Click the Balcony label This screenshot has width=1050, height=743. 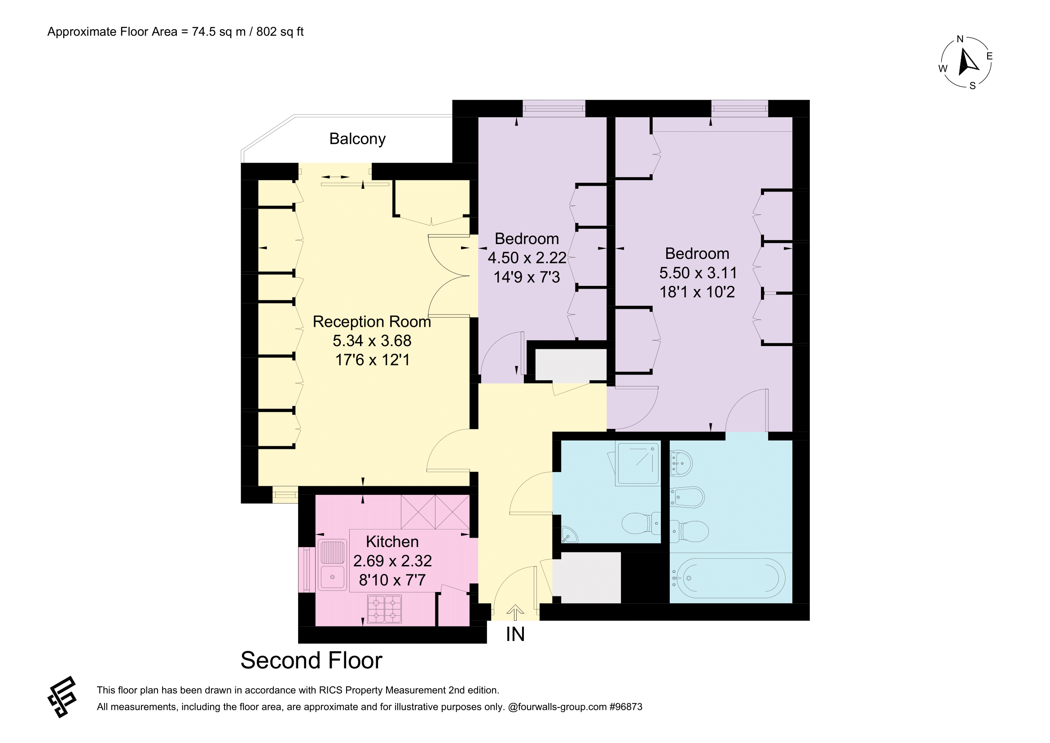click(x=357, y=139)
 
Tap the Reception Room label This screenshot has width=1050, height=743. click(x=372, y=322)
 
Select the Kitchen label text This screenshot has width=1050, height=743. click(x=392, y=542)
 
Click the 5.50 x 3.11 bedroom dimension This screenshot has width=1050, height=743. click(x=698, y=273)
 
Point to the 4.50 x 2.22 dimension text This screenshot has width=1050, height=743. click(x=527, y=258)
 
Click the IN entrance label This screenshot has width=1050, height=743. click(x=515, y=635)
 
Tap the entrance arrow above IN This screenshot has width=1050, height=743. click(x=515, y=613)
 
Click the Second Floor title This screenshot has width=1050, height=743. click(x=312, y=661)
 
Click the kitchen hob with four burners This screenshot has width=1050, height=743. click(x=385, y=609)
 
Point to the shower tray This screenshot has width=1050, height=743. click(x=637, y=463)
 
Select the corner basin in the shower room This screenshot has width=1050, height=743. click(x=569, y=535)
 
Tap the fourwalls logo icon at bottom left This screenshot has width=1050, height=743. click(x=62, y=696)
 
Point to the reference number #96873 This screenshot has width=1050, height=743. click(x=626, y=707)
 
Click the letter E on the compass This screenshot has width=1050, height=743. click(x=990, y=56)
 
